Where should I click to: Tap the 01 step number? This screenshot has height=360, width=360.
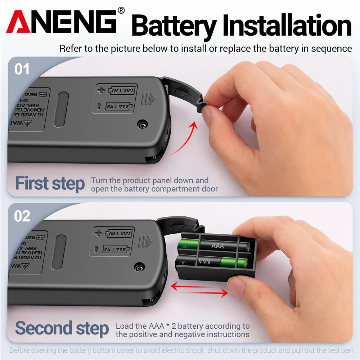click(x=22, y=69)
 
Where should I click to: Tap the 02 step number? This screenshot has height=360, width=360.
click(x=22, y=216)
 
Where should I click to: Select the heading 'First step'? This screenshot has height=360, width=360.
click(x=50, y=183)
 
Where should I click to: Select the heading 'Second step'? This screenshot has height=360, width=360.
click(x=62, y=328)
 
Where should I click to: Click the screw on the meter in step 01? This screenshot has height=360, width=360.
click(x=143, y=124)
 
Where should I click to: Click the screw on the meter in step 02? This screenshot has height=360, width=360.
click(x=139, y=267)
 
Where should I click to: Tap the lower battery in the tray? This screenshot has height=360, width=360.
click(x=212, y=262)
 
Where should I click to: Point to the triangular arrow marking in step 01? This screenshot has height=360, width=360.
click(x=152, y=97)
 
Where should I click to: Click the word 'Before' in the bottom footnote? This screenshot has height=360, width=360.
click(x=20, y=350)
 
